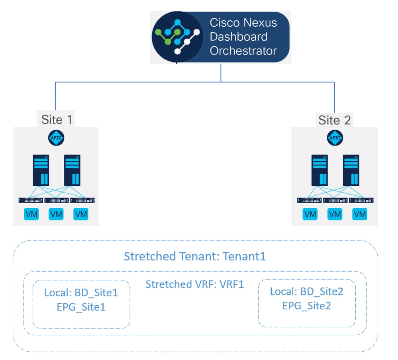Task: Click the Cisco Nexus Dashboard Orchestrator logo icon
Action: (178, 37)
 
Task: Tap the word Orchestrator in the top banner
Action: (243, 51)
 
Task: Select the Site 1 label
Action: (57, 120)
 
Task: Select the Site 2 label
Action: (334, 120)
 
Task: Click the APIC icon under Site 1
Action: (56, 138)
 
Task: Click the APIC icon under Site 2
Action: (335, 138)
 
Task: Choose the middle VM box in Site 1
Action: (56, 214)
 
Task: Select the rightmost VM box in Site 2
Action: (359, 214)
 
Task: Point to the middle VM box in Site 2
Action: (335, 214)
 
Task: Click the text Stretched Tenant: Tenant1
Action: (194, 256)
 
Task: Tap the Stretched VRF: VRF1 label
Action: (194, 284)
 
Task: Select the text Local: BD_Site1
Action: (81, 293)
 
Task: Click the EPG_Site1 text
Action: (81, 307)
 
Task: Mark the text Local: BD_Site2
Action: (306, 291)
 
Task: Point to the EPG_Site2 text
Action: (306, 306)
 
